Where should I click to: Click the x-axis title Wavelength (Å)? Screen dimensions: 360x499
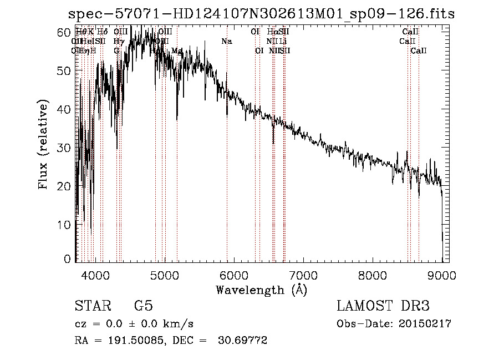pos(261,290)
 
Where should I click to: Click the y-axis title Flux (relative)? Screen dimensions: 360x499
pos(44,145)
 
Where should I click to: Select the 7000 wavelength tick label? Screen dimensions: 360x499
pos(303,273)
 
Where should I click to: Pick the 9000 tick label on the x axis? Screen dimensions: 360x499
pos(442,273)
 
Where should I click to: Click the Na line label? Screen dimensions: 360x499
pos(226,41)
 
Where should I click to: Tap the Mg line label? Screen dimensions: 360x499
pos(177,50)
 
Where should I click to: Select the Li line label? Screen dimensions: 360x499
pos(283,41)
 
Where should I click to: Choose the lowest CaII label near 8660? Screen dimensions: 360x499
pos(419,50)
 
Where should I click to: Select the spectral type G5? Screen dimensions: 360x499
pos(143,306)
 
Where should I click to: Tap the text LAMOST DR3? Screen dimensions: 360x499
pos(383,306)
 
